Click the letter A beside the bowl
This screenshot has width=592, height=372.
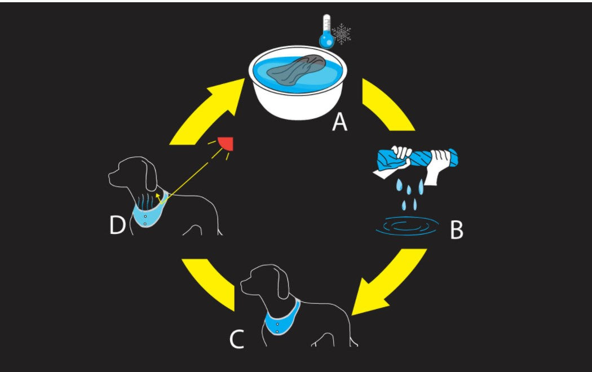coord(339,121)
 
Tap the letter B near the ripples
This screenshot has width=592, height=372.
coord(456,229)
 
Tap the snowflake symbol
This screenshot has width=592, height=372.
coord(341,34)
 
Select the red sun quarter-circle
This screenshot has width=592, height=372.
coord(227,144)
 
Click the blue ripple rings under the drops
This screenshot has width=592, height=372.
coord(407,227)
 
